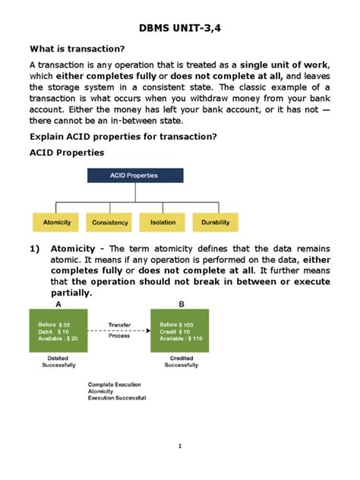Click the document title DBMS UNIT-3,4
click(180, 28)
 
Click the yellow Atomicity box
click(56, 222)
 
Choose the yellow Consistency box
click(110, 222)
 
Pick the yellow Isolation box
click(163, 222)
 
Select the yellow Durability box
click(216, 222)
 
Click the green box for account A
click(57, 331)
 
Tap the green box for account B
click(180, 331)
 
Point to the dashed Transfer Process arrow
click(118, 331)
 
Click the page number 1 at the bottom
click(180, 446)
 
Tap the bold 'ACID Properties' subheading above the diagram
click(66, 153)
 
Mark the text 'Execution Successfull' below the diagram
click(117, 398)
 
